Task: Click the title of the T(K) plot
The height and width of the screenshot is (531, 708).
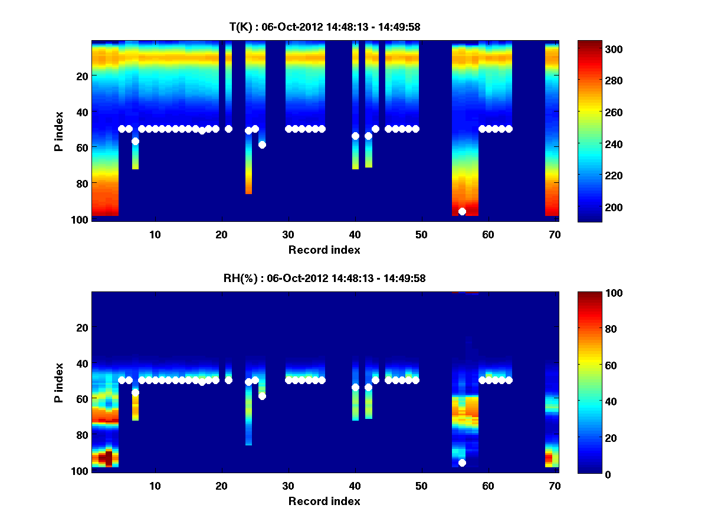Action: coord(325,27)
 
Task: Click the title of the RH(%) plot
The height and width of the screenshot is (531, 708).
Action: coord(325,278)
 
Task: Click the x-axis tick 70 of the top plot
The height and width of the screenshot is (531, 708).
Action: coord(554,234)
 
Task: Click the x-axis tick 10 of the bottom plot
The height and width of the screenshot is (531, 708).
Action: coord(155,486)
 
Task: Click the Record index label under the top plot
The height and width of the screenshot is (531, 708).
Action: coord(324,250)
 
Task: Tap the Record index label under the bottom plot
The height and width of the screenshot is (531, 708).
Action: coord(324,501)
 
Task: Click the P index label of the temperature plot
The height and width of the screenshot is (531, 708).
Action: coord(59,130)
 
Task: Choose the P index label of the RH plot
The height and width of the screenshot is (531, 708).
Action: coord(59,382)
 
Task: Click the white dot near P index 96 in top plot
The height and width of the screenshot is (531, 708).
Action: coord(462,211)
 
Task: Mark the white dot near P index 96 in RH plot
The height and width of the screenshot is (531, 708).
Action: coord(462,463)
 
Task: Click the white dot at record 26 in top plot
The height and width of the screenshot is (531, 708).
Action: coord(262,145)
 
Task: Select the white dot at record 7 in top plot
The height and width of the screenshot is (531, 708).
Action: coord(135,141)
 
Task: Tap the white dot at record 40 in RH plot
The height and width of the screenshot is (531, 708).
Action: coord(355,387)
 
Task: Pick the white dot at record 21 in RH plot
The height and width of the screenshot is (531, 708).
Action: coord(228,380)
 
